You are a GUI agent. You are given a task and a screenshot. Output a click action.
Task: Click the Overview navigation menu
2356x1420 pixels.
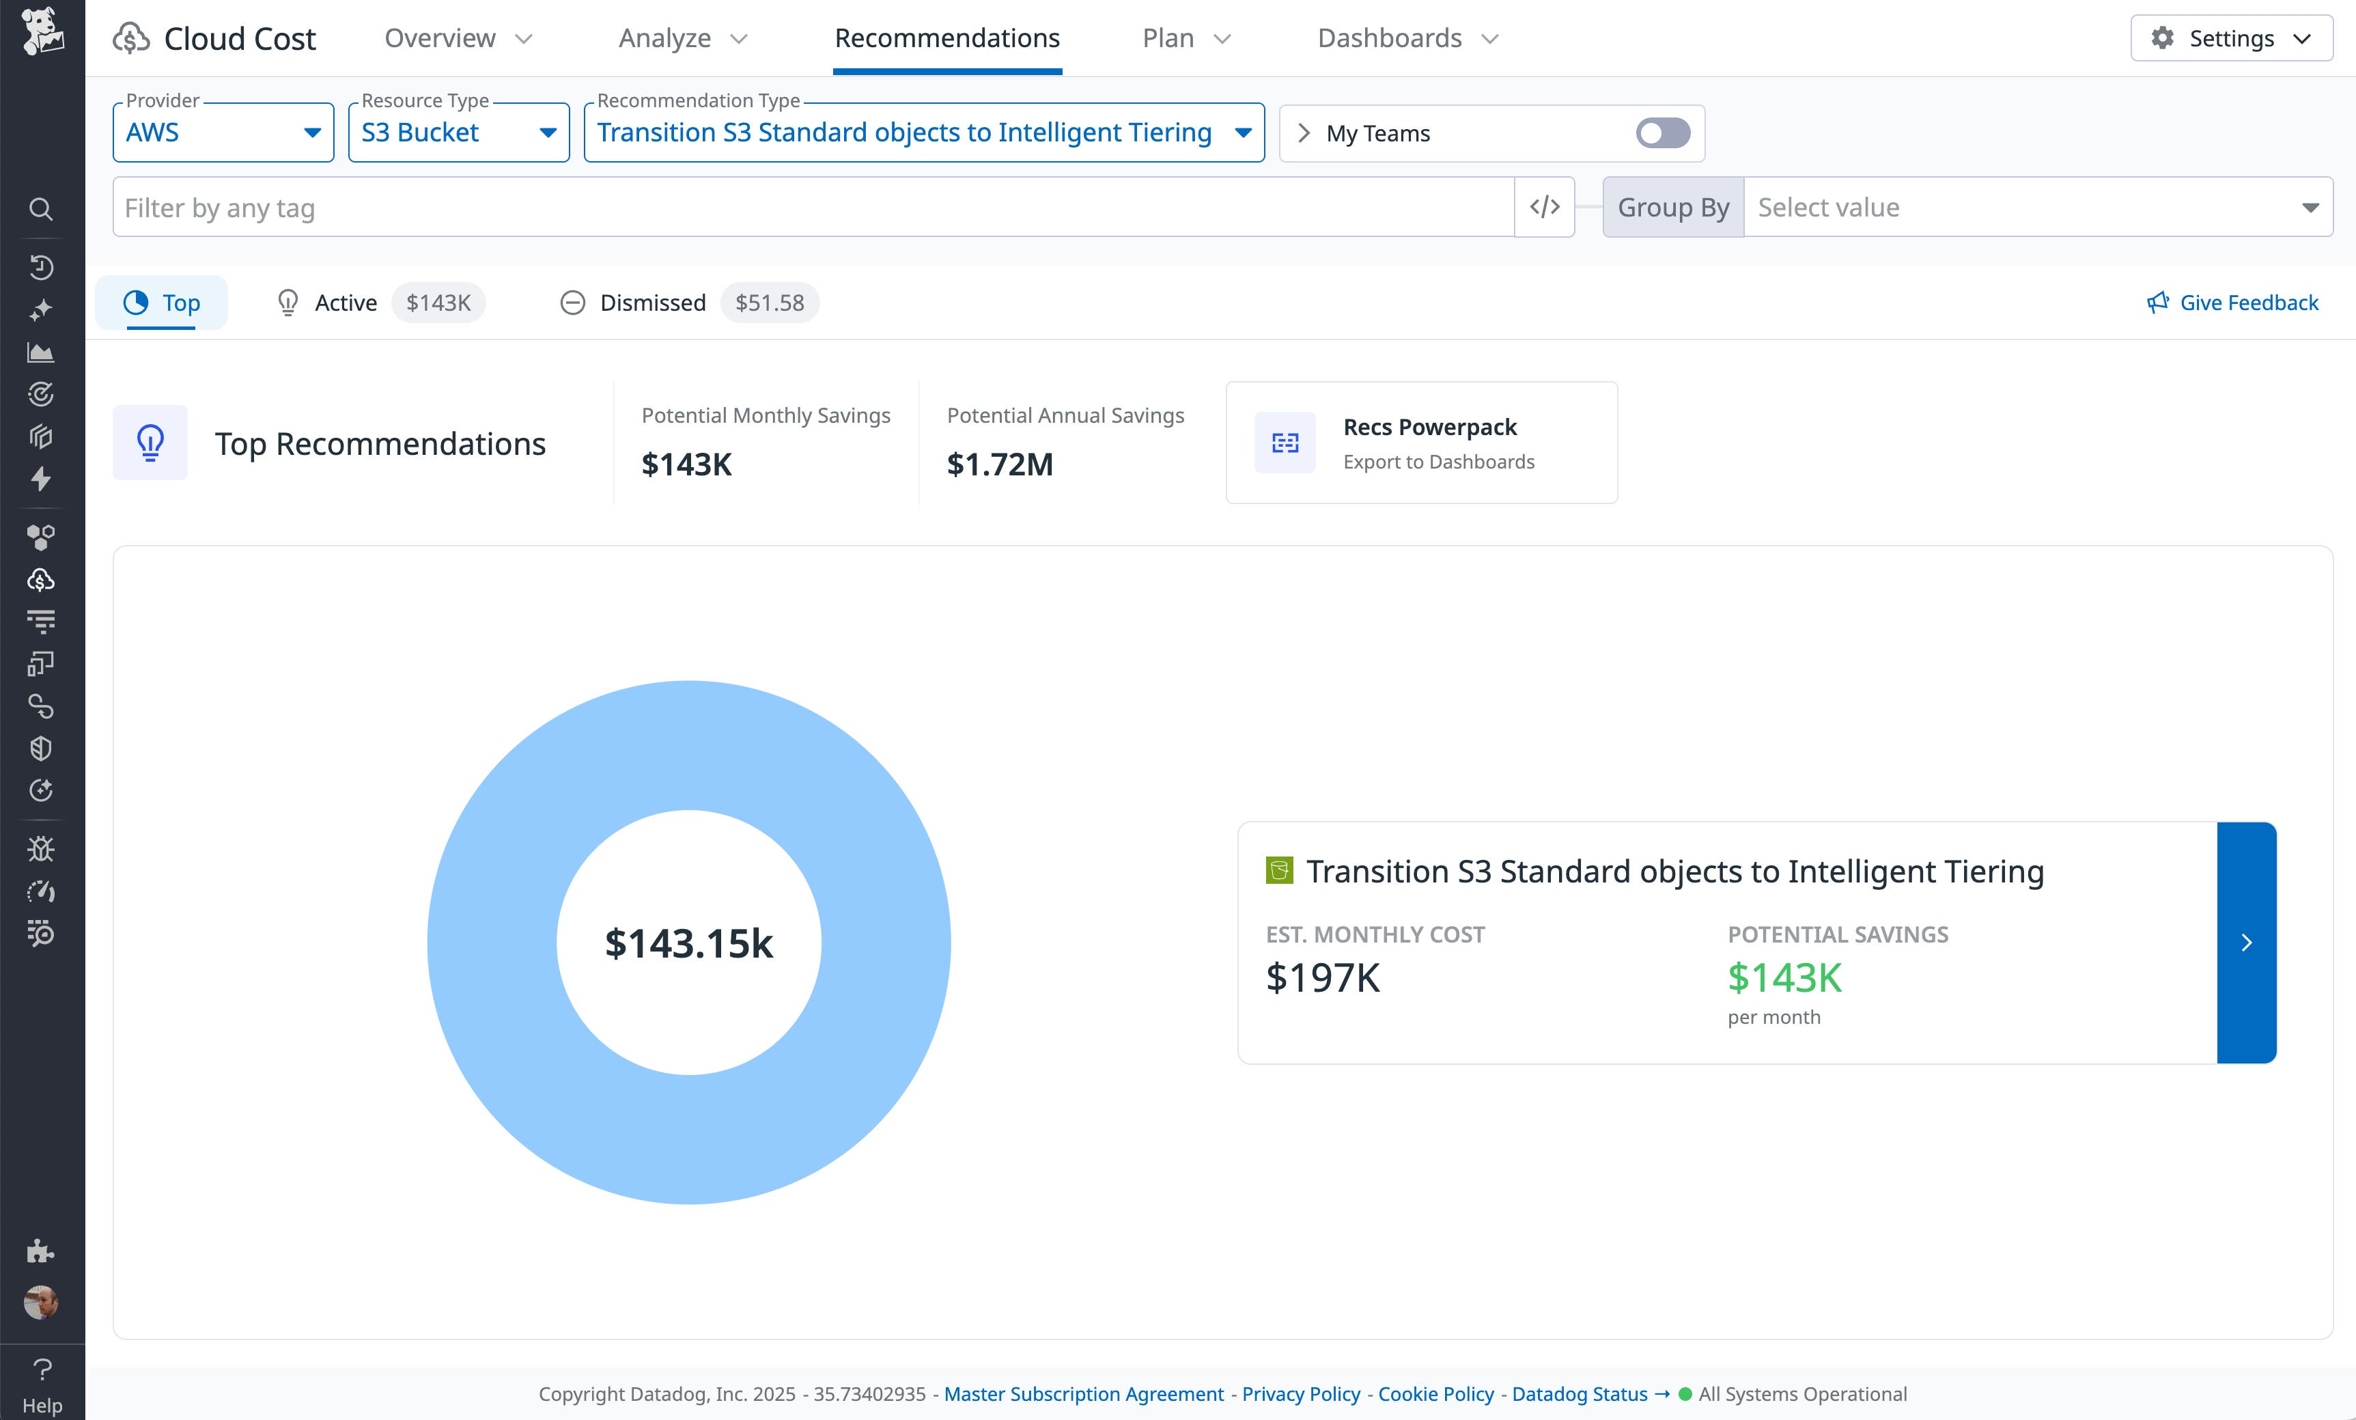(457, 38)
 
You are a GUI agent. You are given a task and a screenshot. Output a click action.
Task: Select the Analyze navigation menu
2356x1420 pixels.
(682, 38)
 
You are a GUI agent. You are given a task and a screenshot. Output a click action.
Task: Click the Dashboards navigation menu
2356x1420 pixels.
(1407, 38)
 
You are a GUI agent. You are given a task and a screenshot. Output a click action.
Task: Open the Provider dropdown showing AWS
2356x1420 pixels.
(223, 133)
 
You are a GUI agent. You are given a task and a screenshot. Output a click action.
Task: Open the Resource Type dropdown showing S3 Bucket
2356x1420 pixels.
(458, 133)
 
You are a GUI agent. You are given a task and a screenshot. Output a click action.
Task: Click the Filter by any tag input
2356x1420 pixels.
(813, 208)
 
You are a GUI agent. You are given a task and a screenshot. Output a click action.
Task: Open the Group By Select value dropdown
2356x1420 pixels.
(2036, 208)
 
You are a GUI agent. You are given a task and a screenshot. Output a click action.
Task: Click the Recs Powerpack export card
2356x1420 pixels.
(1421, 443)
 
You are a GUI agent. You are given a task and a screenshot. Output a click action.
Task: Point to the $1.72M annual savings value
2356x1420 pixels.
(999, 464)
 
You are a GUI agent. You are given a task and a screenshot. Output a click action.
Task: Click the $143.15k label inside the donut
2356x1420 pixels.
(688, 944)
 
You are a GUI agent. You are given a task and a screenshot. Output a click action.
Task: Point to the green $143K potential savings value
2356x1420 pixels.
(1784, 978)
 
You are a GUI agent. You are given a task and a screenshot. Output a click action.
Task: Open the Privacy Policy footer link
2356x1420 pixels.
(1300, 1394)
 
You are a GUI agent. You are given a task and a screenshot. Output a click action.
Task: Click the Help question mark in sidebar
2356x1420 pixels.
(42, 1369)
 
